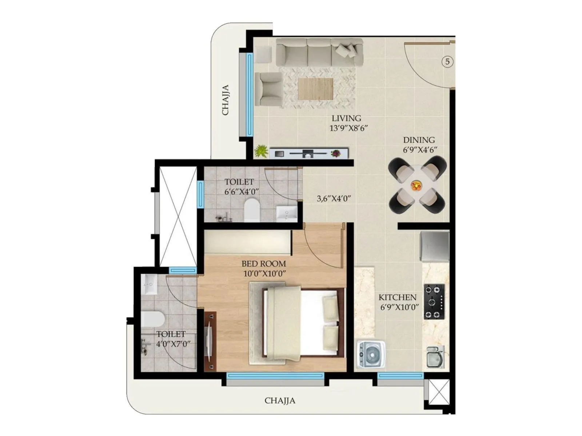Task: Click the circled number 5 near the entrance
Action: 447,62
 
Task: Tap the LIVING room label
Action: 346,118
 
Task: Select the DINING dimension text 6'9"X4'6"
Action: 420,150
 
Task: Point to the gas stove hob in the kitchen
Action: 434,302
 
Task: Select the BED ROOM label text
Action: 264,264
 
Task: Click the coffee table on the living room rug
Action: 315,89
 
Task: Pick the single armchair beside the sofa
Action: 269,89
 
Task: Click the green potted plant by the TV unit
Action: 261,151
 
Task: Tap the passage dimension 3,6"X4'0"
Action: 334,199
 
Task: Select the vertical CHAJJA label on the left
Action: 226,100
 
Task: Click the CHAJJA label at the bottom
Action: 280,401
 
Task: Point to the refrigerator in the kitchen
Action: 434,246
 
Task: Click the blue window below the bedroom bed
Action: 275,375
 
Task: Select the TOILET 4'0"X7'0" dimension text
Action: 173,344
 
